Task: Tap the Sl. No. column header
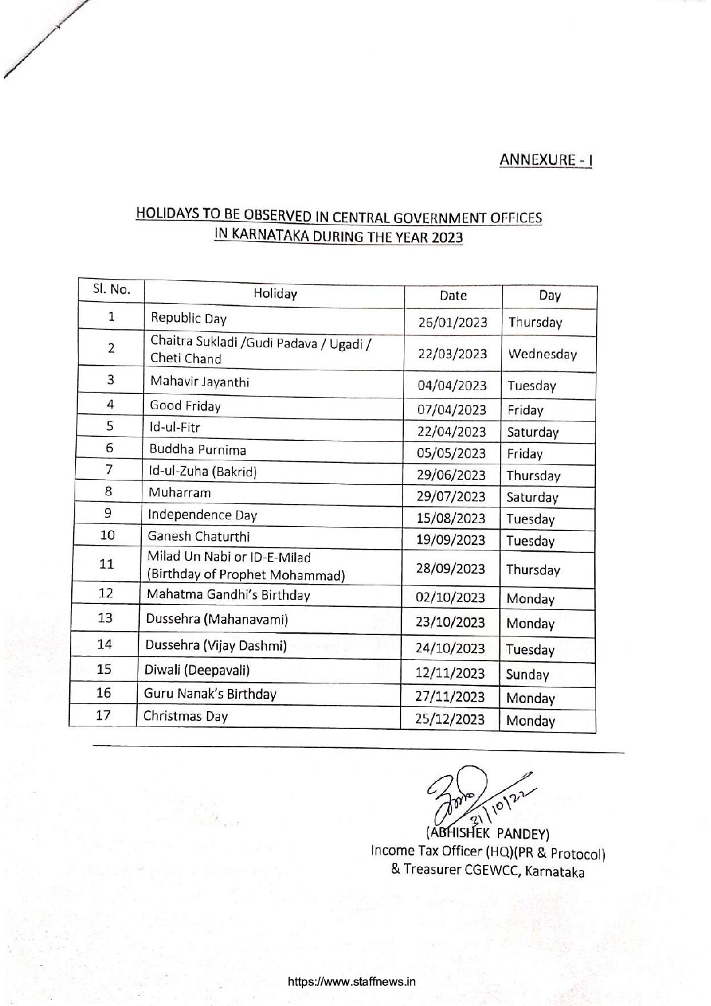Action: (x=111, y=290)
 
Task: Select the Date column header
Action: (x=453, y=295)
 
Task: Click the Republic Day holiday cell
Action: (x=189, y=319)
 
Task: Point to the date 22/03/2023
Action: (x=452, y=353)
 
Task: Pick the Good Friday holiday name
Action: (x=185, y=406)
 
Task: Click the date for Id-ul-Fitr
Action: (x=452, y=431)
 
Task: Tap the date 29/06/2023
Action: (x=451, y=475)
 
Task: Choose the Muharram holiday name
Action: (x=179, y=493)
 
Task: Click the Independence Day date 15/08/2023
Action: (x=451, y=518)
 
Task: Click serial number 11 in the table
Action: (x=106, y=564)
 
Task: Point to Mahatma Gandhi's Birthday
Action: (x=228, y=595)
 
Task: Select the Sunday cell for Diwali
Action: (x=528, y=674)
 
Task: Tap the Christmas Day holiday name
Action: (x=186, y=716)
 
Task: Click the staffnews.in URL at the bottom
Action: (x=352, y=981)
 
